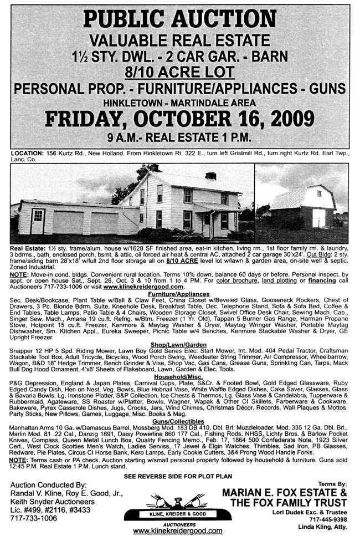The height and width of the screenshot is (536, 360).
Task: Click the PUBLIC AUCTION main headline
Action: tap(180, 19)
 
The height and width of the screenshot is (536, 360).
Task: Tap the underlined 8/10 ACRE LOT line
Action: tap(179, 72)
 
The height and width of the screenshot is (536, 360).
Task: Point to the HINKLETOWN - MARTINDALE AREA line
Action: tap(180, 103)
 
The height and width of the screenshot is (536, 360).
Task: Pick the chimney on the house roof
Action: tap(210, 176)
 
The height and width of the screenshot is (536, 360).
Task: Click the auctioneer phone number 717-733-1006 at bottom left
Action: tap(34, 518)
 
